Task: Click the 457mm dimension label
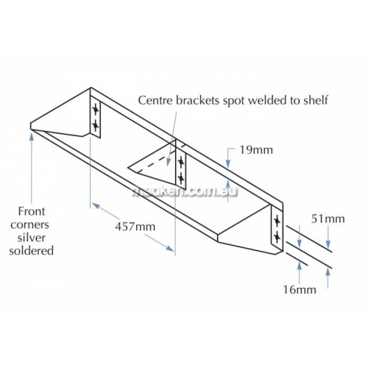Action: click(135, 227)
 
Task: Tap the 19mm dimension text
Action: click(256, 150)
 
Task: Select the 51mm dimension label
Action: click(328, 219)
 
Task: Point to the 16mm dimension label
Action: click(300, 290)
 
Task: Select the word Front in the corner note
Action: click(32, 211)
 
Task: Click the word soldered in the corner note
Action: click(32, 251)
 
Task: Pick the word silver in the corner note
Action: click(32, 238)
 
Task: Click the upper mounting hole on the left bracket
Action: click(96, 109)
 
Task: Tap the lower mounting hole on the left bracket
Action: click(96, 126)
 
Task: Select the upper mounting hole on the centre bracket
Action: click(181, 162)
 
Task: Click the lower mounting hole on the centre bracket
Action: click(181, 178)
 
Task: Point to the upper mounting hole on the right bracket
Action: click(277, 222)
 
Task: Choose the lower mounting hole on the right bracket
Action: click(277, 236)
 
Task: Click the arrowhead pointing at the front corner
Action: click(32, 135)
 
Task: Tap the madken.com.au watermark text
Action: click(185, 191)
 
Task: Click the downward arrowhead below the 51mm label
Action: click(328, 244)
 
